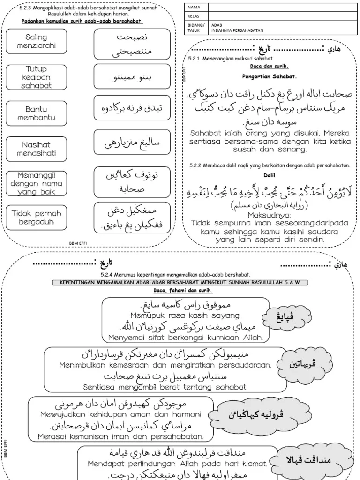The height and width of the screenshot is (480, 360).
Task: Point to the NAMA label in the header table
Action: tap(194, 7)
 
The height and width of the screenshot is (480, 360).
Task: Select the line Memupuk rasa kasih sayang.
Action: tap(179, 315)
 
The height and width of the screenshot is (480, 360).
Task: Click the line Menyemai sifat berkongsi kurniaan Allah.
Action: tap(179, 337)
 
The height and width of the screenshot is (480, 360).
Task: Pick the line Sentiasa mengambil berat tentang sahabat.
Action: tap(165, 387)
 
